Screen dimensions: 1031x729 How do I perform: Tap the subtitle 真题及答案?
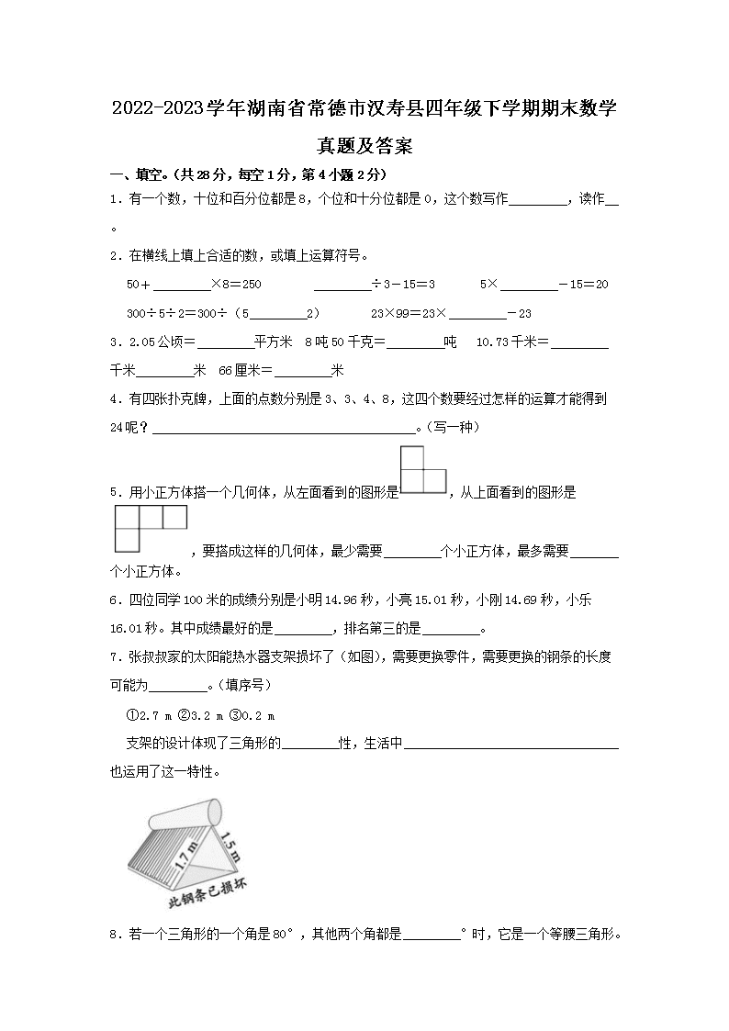pyautogui.click(x=364, y=145)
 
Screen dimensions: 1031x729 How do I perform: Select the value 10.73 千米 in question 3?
pyautogui.click(x=511, y=342)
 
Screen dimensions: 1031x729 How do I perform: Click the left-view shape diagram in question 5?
pyautogui.click(x=422, y=470)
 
